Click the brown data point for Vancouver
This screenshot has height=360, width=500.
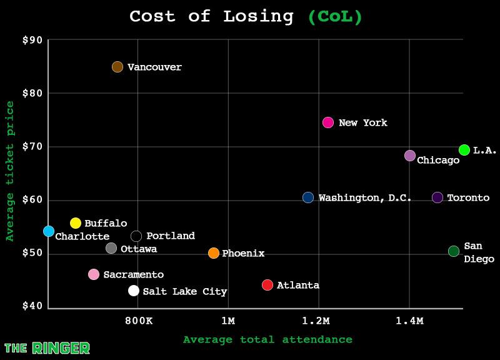tap(117, 67)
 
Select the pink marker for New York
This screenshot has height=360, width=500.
tap(328, 122)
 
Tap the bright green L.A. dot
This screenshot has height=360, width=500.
tap(464, 150)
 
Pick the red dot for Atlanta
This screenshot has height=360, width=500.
tap(267, 285)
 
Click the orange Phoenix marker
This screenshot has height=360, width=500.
tap(214, 253)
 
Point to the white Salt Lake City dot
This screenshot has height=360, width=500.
tap(133, 291)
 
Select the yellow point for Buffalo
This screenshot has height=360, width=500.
tap(76, 223)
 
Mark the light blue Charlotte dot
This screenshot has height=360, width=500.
tap(49, 231)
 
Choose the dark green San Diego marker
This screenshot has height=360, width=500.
tap(454, 251)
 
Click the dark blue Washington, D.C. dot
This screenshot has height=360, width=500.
tap(308, 197)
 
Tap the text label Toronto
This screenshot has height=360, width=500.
tap(468, 198)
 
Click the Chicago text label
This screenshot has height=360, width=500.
tap(438, 161)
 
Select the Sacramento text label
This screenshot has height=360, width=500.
tap(133, 275)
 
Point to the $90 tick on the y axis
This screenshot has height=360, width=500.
tap(32, 41)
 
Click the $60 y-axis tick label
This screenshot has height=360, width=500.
tap(32, 200)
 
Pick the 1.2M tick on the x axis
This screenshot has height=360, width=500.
tap(319, 321)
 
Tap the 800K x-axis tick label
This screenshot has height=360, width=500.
tap(138, 321)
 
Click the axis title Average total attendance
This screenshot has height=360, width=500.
tap(267, 340)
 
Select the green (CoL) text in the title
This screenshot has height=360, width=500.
tap(335, 16)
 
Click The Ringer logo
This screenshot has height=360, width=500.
tap(47, 348)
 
